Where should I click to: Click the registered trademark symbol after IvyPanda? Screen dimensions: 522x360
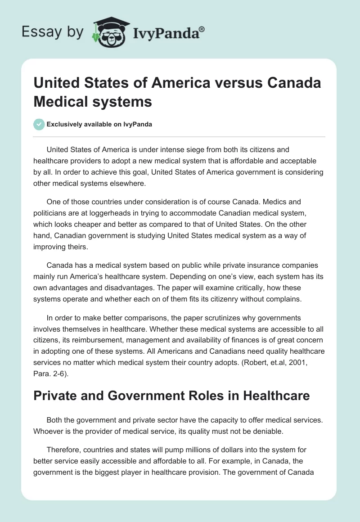pos(202,29)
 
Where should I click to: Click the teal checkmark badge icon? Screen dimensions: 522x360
pos(39,124)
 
